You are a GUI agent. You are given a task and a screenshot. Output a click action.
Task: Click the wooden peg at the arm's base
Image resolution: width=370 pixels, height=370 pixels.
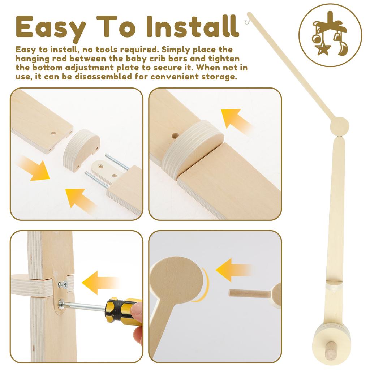(330, 350)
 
